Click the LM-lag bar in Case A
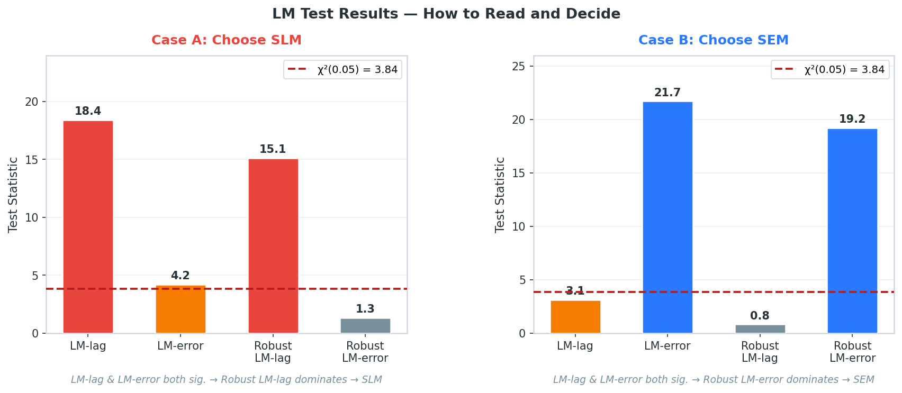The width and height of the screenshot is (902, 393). click(88, 227)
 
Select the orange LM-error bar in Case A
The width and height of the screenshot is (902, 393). click(181, 309)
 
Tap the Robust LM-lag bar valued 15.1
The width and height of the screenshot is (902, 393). click(273, 246)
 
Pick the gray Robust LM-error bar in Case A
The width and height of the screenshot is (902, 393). click(365, 326)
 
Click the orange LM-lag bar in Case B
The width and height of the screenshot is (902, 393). click(575, 317)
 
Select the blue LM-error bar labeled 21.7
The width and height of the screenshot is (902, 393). click(668, 217)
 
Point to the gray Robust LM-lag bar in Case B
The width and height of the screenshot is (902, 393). click(760, 329)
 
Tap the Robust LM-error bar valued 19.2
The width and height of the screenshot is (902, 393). click(852, 231)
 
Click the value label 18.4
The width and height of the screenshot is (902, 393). click(88, 111)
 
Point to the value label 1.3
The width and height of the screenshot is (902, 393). click(365, 309)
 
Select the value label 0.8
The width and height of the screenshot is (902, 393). click(760, 316)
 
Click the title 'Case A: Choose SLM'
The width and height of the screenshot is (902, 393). click(227, 40)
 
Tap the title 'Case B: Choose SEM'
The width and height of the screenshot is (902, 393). click(714, 40)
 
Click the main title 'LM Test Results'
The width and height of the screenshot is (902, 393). click(446, 14)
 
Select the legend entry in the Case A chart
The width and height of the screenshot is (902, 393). click(343, 70)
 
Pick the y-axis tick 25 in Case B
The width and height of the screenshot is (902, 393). click(519, 66)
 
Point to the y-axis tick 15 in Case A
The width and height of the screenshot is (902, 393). click(32, 159)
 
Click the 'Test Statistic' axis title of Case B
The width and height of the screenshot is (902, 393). click(500, 195)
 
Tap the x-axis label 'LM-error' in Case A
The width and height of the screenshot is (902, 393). click(181, 346)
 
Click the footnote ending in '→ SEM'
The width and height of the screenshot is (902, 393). click(714, 379)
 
